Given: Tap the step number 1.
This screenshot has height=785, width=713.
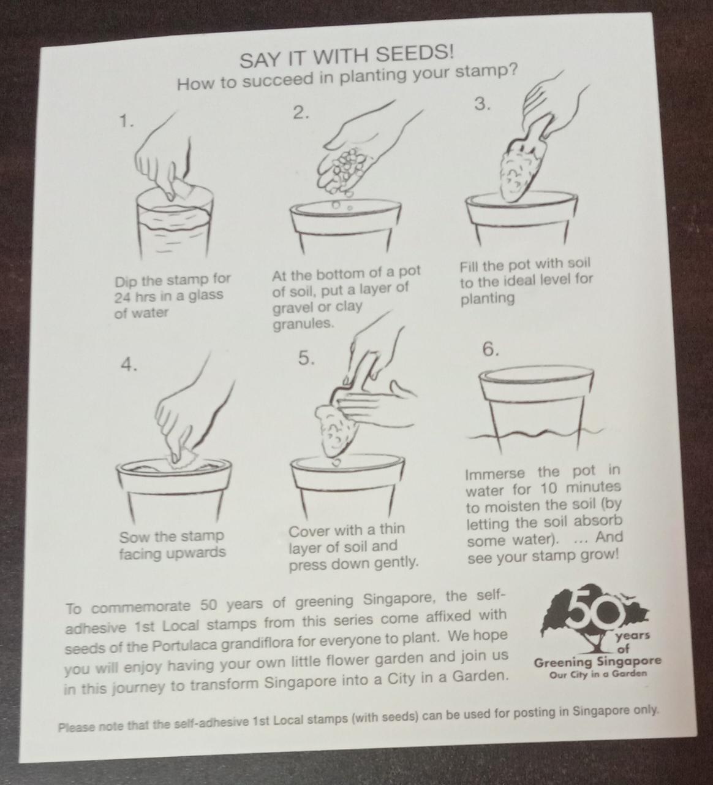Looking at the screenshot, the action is click(x=126, y=121).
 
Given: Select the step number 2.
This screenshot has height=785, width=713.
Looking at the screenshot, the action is click(x=301, y=113).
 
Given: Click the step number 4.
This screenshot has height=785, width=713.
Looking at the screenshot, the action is click(x=129, y=365).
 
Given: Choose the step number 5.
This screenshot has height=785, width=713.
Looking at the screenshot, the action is click(x=306, y=358).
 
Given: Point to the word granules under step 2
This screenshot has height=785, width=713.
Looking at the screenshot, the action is click(x=303, y=324).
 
